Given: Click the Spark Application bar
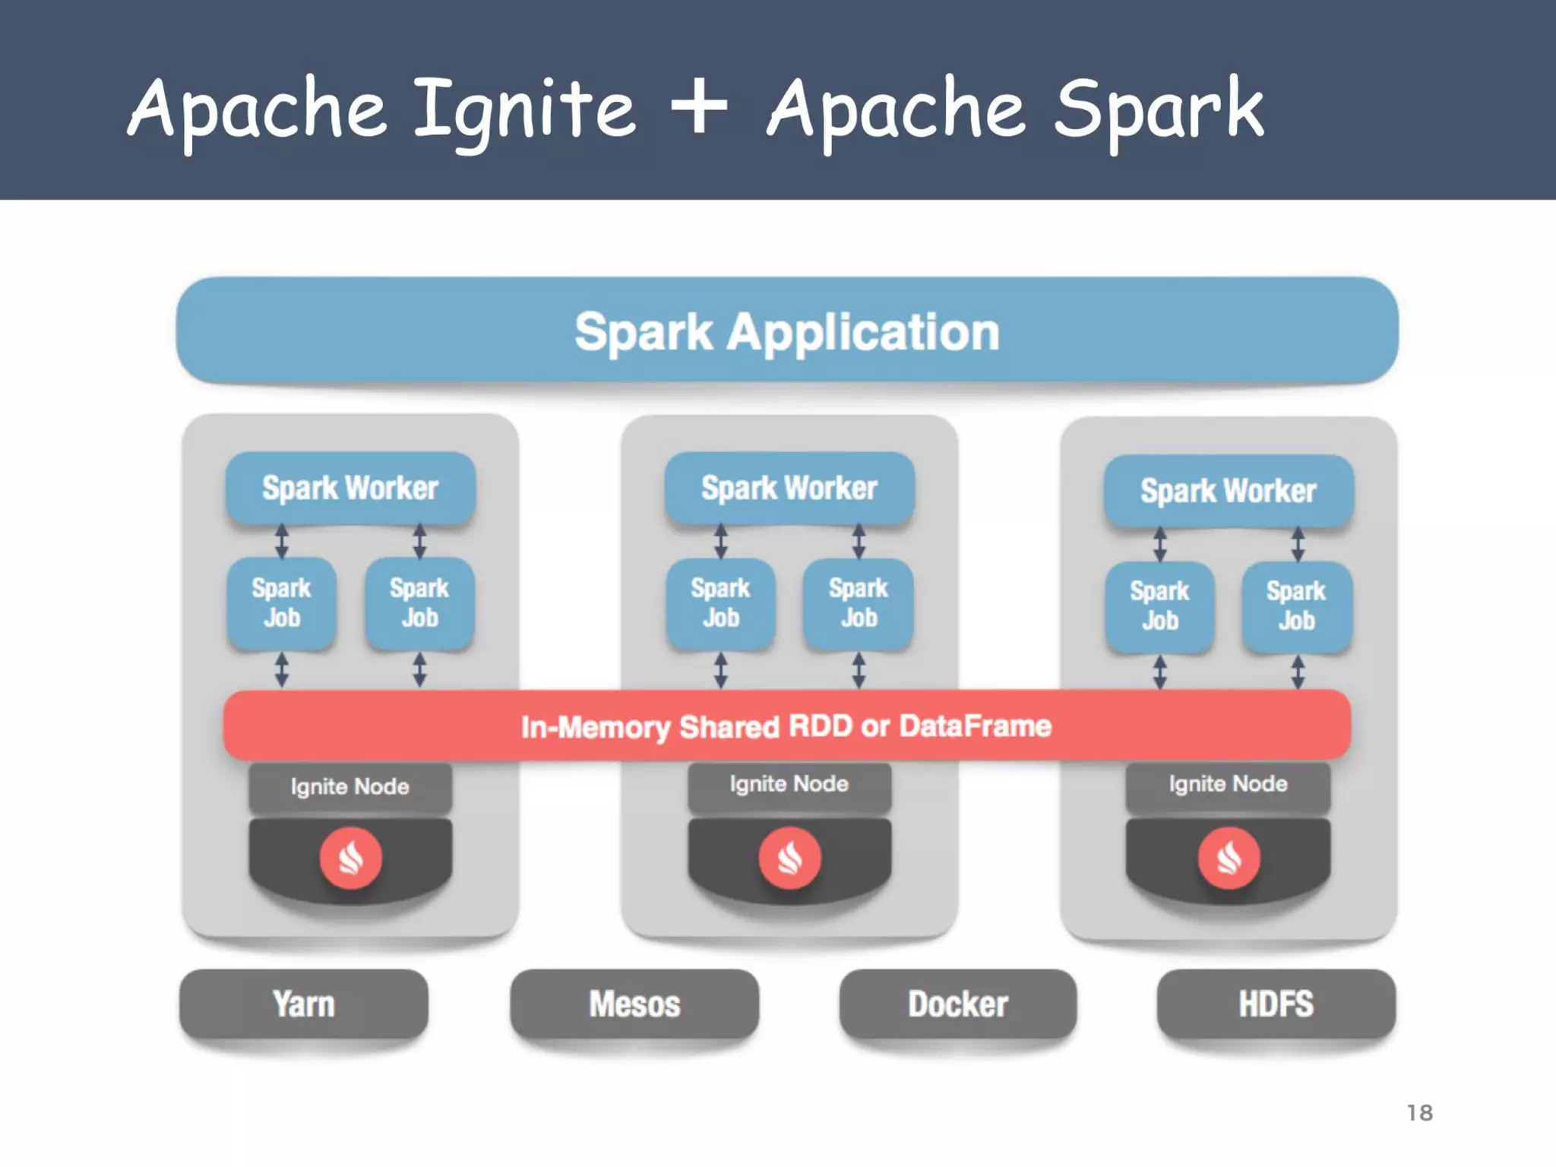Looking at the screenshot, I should (787, 331).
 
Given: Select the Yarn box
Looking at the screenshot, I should (304, 1004).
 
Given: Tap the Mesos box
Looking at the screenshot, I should (634, 1004).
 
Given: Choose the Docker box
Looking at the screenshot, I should (957, 1004).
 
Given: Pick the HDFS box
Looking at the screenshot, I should (1276, 1004).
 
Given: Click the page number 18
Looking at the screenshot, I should (1419, 1113).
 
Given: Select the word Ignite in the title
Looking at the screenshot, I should (524, 110).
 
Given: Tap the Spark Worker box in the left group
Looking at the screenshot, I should (350, 488).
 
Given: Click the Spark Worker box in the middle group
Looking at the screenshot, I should (789, 488).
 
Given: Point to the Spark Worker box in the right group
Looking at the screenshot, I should (1228, 491).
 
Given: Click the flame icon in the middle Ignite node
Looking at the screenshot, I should (789, 858).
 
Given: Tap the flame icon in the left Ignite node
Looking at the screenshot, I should (350, 859).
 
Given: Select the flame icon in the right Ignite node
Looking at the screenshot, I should (1229, 858).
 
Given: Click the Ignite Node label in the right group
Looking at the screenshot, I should (1228, 784).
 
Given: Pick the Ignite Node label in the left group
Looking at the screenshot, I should (350, 786).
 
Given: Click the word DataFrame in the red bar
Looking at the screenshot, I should (976, 726).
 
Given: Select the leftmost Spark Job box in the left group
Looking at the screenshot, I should (282, 603).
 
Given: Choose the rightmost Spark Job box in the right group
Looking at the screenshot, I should (1296, 606).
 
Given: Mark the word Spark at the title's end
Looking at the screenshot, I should (1159, 110).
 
